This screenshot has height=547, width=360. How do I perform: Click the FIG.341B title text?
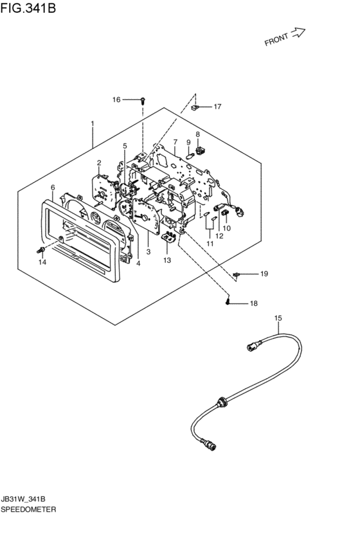tap(28, 8)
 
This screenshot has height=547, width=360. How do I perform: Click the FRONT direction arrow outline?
tap(298, 33)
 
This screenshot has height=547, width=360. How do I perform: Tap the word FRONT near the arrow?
tap(276, 39)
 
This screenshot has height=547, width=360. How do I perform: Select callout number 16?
tap(116, 100)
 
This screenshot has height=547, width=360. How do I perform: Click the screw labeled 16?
tap(142, 101)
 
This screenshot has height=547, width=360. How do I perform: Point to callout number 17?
tap(217, 107)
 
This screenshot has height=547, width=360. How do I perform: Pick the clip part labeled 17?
tap(195, 107)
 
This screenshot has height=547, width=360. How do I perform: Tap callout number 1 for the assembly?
tap(93, 123)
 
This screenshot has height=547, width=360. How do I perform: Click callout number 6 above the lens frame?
tap(53, 188)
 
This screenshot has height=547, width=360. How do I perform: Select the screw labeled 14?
tap(40, 250)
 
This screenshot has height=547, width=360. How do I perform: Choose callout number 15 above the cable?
tap(278, 318)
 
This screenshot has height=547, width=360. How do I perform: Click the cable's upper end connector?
tap(251, 346)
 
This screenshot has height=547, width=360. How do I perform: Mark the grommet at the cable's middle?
tap(221, 402)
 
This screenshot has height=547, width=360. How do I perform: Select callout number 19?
tap(264, 274)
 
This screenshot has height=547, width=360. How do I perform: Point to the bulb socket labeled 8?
tap(201, 151)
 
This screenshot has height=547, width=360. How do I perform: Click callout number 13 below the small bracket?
tap(167, 260)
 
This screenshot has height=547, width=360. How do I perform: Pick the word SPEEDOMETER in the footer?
tap(28, 509)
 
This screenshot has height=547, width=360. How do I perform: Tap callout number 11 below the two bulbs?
tap(210, 244)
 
